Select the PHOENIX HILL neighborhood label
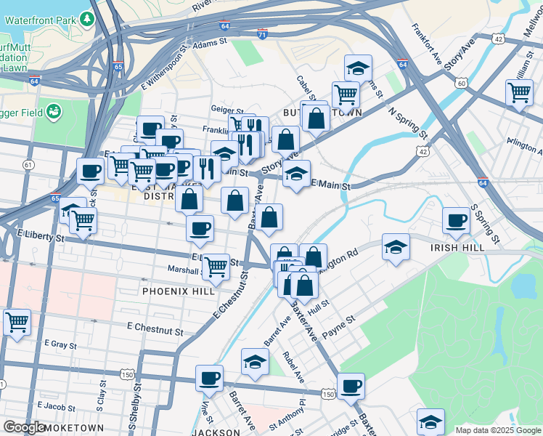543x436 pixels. (179, 290)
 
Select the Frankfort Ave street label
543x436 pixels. (426, 41)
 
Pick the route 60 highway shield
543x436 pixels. (462, 84)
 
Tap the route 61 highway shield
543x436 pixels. (28, 166)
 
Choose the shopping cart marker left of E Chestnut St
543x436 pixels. (17, 321)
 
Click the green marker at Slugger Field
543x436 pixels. (53, 112)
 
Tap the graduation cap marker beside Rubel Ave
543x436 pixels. (255, 362)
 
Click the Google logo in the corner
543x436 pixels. (25, 427)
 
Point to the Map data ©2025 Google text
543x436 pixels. (497, 430)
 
